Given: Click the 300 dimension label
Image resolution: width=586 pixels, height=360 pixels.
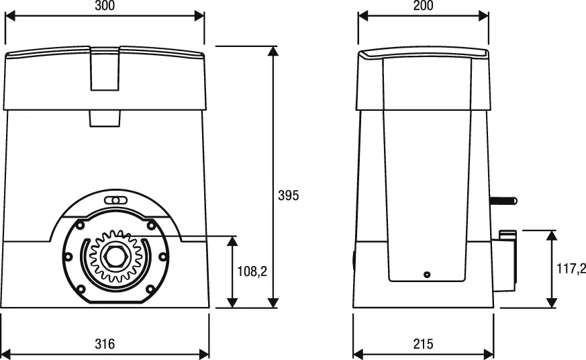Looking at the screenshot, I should pos(104,6).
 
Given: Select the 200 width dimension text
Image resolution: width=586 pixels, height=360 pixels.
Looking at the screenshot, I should pos(423,6).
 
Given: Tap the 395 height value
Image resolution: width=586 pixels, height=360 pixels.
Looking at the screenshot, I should pos(288,195).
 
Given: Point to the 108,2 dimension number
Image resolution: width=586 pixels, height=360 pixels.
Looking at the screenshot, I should pos(253,271).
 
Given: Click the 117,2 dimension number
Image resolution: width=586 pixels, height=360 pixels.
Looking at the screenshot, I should pos(571,269).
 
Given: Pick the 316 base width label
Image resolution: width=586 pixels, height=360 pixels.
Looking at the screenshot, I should pos(104,344).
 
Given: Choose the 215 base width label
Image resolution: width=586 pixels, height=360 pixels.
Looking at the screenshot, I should pos(423,344).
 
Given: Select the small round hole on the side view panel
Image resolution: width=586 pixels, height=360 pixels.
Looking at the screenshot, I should pos(426,274).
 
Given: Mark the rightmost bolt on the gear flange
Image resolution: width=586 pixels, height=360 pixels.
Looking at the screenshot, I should pos(162,256).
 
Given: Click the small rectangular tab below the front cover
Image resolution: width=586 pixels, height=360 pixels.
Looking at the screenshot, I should pos(105,118).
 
